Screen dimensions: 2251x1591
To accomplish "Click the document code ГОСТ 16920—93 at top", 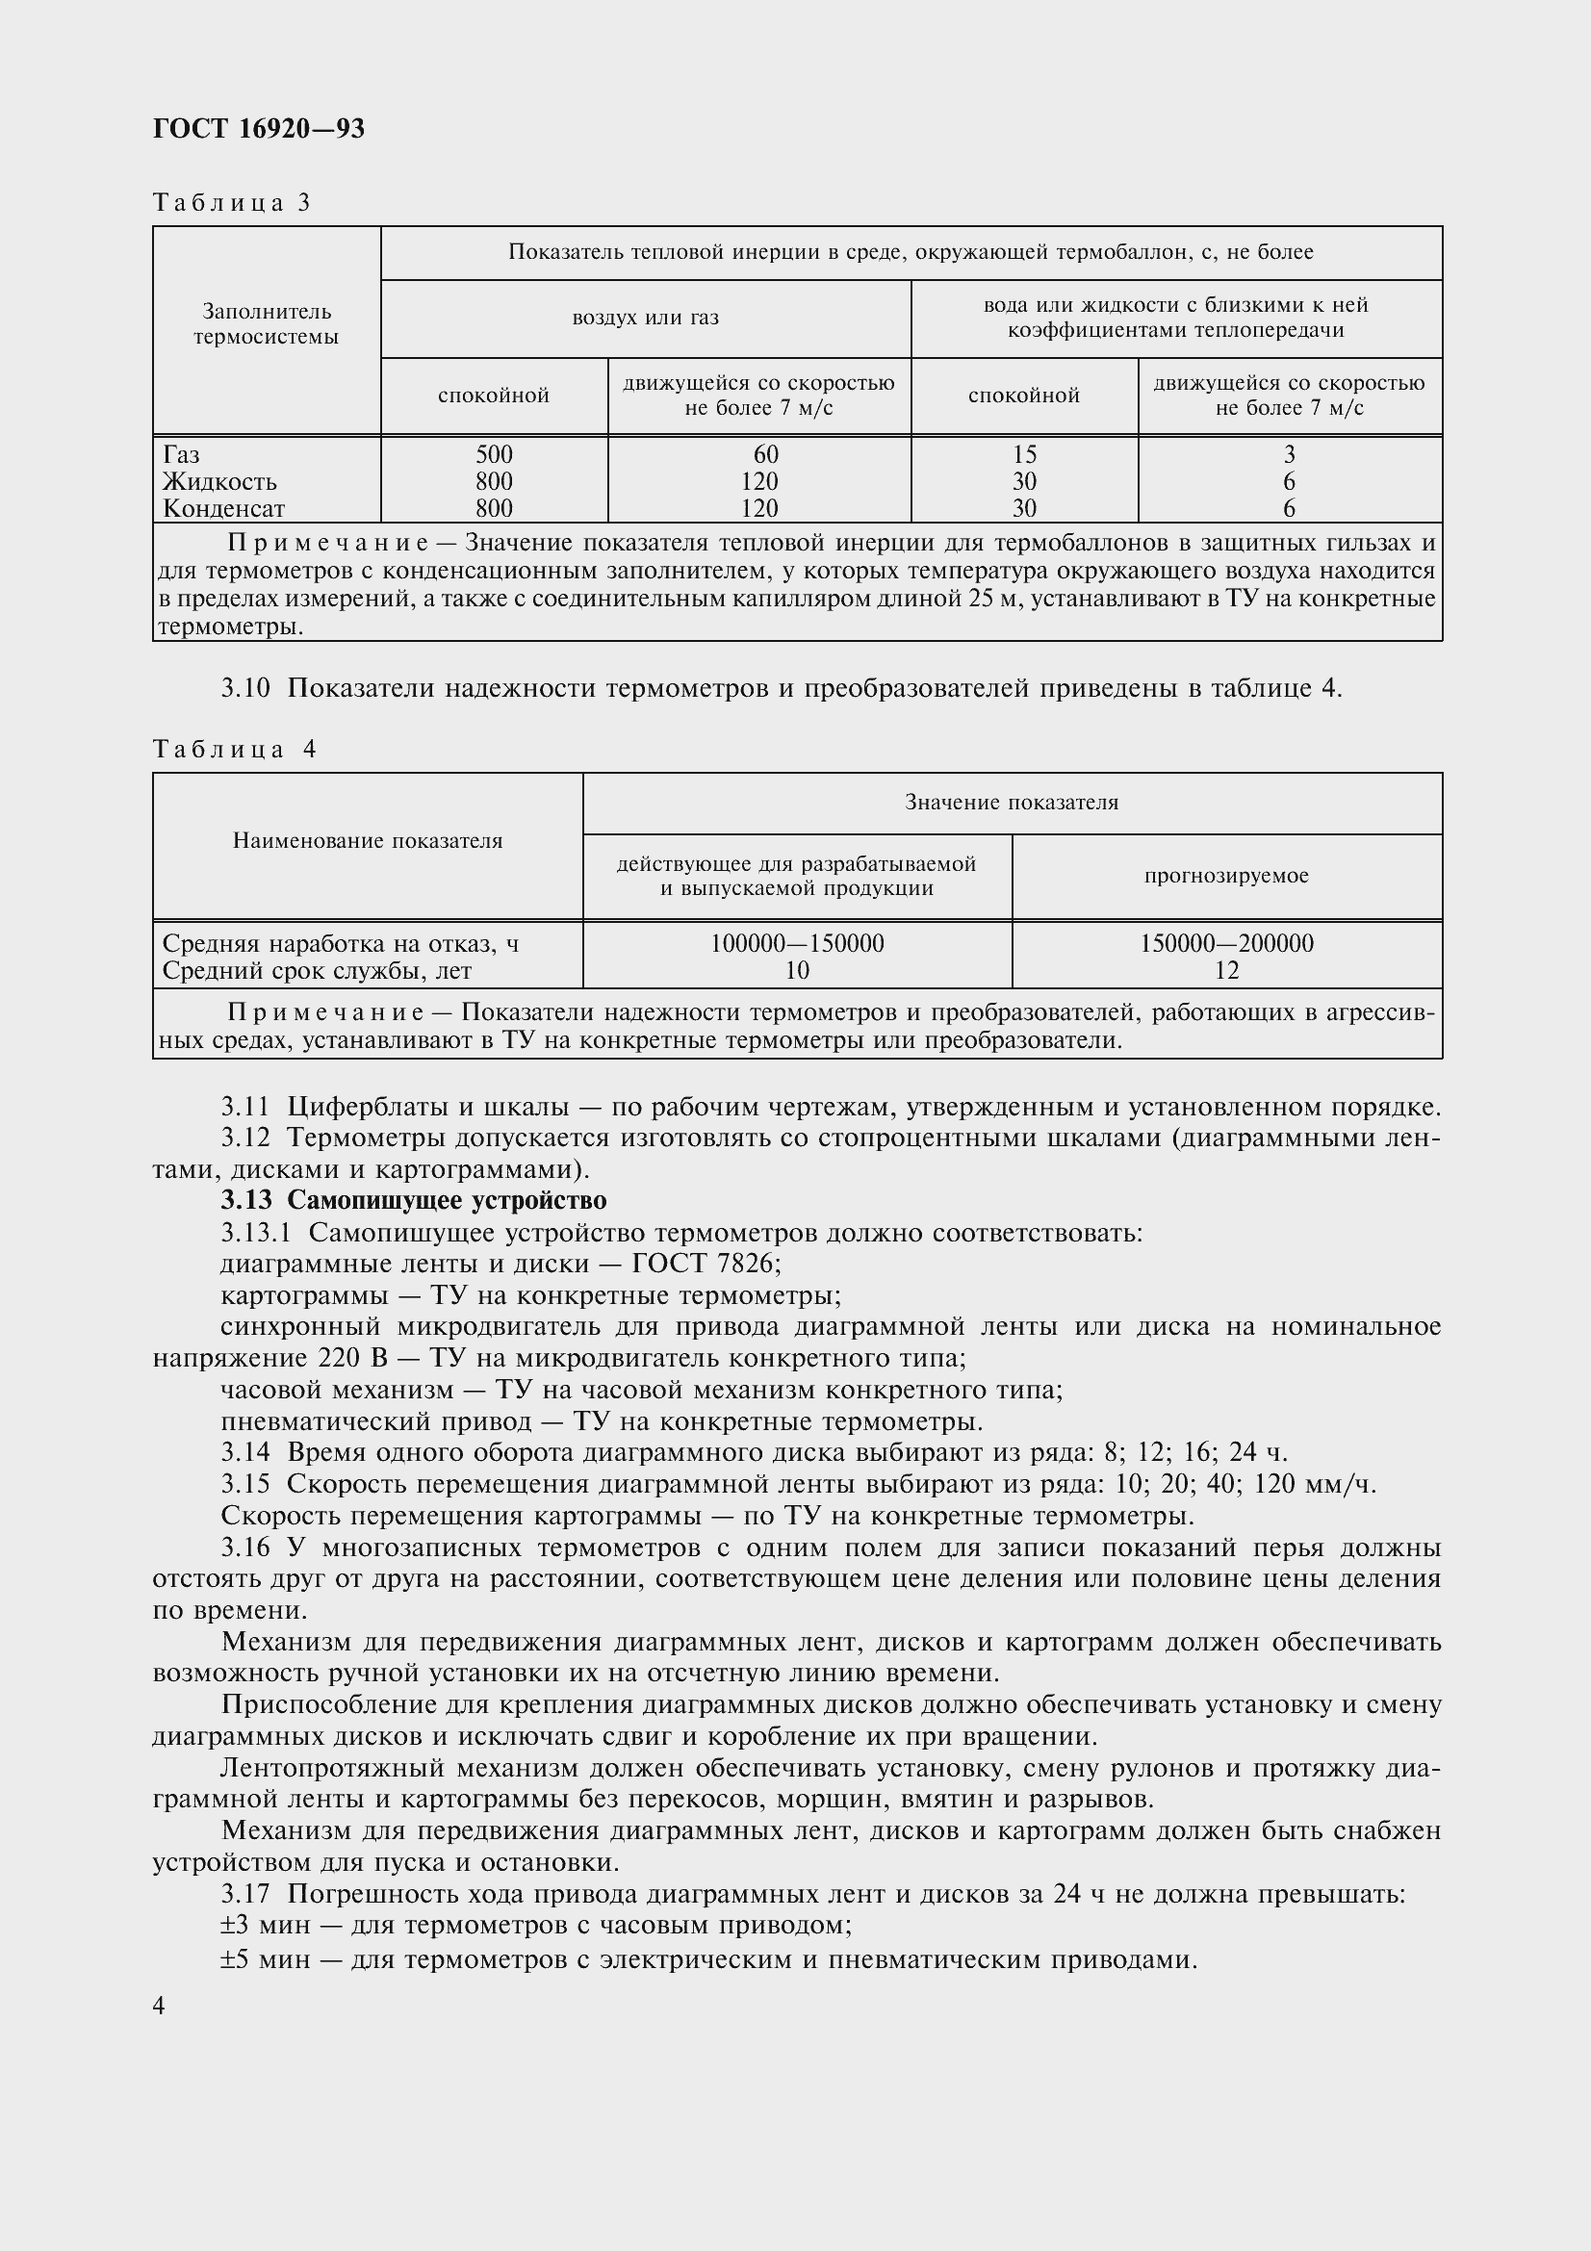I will pos(259,128).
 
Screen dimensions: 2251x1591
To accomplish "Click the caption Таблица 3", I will pos(231,203).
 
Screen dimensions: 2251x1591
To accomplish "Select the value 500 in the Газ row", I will pos(493,455).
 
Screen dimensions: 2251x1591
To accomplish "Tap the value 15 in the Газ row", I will pos(1023,455).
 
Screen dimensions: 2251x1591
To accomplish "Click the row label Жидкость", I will pos(219,481).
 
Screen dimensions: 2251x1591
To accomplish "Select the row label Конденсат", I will pos(223,509).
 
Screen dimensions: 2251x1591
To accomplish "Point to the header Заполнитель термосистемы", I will pos(266,324).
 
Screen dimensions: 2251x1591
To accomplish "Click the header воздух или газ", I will pos(645,318).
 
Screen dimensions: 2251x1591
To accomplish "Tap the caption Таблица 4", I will pos(234,749).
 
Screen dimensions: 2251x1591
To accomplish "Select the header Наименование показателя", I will pos(368,840).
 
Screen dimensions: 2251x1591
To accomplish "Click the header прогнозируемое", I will pos(1225,876).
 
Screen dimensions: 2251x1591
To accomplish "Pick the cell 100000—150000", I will pos(796,943).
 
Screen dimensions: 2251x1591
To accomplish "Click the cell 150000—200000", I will pos(1225,943).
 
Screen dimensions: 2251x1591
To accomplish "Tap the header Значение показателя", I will pos(1011,802).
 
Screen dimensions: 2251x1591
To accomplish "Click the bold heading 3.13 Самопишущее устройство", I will pos(414,1200).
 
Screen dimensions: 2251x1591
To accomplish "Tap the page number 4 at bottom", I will pos(159,2006).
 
